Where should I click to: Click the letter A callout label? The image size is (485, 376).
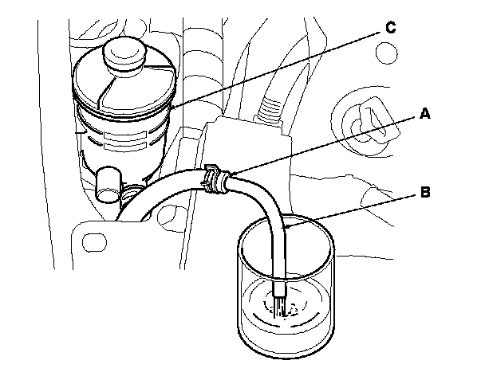coord(424,114)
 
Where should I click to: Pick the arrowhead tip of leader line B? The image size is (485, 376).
coord(284,229)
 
